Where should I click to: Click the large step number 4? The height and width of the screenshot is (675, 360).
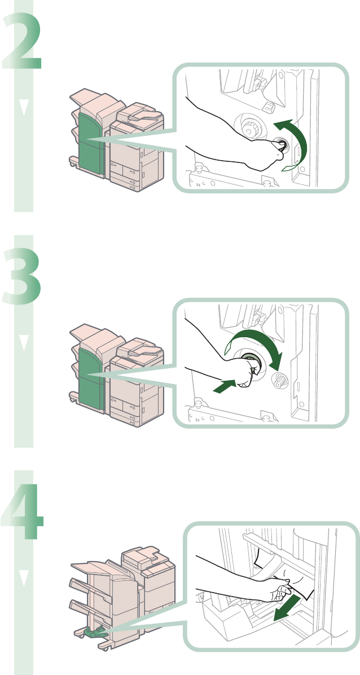(x=23, y=511)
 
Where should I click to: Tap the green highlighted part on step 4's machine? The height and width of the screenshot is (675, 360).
(x=96, y=632)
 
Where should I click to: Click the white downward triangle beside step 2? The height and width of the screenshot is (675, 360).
(x=24, y=108)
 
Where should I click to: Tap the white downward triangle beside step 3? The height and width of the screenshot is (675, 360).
(x=24, y=343)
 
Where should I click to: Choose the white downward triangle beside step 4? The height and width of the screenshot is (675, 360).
(x=24, y=578)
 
